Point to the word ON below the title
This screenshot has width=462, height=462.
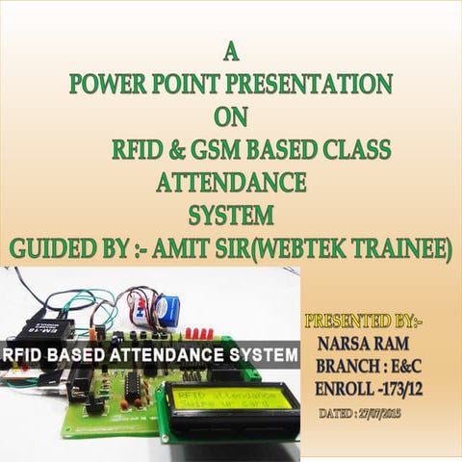pyautogui.click(x=230, y=116)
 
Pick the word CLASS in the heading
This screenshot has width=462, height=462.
pyautogui.click(x=357, y=150)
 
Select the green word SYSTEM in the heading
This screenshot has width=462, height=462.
pyautogui.click(x=231, y=213)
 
